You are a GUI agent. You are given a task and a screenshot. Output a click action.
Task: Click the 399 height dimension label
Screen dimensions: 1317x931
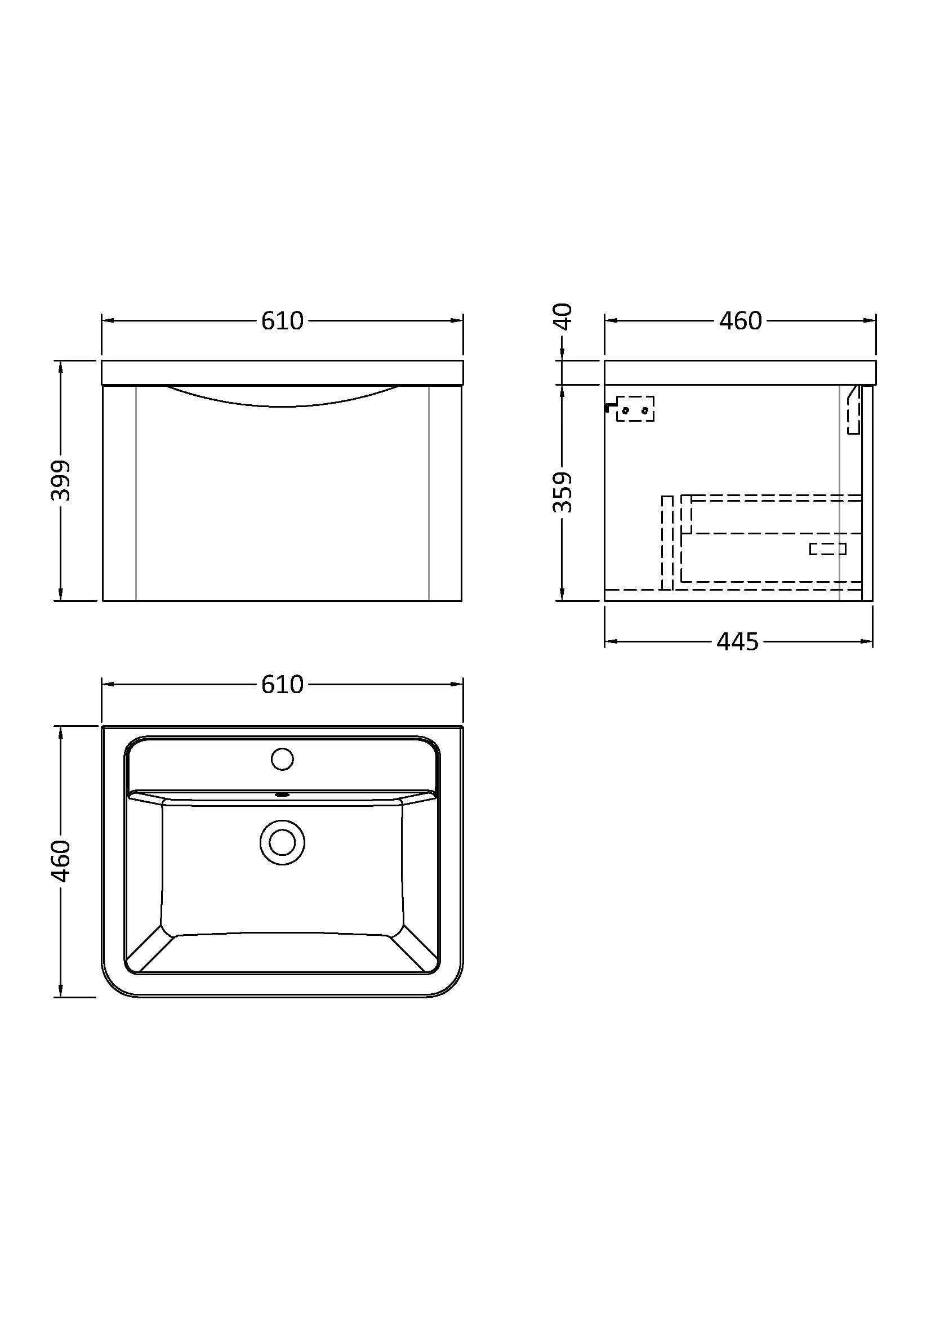(60, 480)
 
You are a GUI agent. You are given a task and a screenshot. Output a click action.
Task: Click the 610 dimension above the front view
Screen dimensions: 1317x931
(282, 320)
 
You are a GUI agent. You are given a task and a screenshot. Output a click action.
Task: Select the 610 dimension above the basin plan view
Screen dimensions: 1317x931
(282, 684)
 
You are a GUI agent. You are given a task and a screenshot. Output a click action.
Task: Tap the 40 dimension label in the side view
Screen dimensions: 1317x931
(563, 316)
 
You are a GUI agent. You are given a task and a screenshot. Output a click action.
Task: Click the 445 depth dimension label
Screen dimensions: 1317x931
(738, 641)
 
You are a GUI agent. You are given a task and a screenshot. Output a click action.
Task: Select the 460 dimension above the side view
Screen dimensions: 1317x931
(741, 320)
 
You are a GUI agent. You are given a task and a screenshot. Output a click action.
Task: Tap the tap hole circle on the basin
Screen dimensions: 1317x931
(282, 760)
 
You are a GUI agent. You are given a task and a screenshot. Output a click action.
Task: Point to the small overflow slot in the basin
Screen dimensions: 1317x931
(282, 795)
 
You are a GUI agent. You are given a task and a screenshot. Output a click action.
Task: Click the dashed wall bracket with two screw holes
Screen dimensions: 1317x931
(635, 409)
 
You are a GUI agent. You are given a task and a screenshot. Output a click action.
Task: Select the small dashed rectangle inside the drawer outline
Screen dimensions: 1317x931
(827, 549)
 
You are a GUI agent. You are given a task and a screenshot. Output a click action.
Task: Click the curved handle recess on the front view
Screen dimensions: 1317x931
(282, 397)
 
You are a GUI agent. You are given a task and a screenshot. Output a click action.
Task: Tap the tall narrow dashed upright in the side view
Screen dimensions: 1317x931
(666, 542)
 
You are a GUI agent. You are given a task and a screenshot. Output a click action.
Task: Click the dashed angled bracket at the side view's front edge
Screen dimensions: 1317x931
(854, 409)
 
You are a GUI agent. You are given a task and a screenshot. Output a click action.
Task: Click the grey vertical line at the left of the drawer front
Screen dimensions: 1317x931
(135, 493)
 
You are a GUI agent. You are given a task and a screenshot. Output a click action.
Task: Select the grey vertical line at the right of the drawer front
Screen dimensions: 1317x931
(429, 493)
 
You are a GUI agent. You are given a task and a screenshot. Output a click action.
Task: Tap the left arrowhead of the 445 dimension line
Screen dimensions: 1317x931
(610, 641)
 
